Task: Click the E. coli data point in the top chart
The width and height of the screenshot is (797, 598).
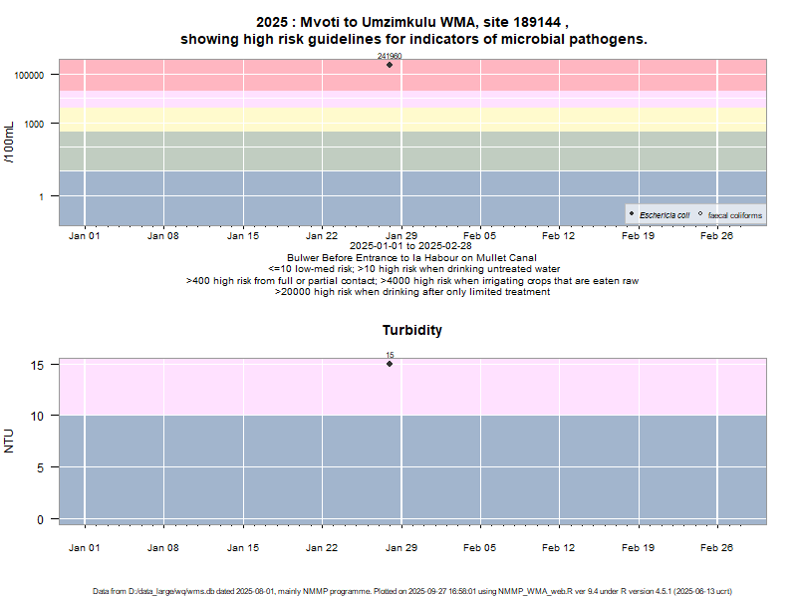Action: click(390, 65)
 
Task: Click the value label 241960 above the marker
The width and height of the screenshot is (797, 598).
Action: click(390, 57)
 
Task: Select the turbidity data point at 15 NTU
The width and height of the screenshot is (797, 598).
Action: click(390, 364)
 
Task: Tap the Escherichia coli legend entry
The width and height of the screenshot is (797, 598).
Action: click(661, 214)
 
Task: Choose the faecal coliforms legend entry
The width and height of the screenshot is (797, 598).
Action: click(729, 214)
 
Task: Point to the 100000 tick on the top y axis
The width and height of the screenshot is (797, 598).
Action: click(31, 76)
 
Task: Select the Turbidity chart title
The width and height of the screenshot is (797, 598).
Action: click(411, 330)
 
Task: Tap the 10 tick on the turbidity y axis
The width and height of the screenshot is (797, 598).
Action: click(37, 416)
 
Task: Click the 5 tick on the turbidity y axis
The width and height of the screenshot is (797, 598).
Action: click(40, 467)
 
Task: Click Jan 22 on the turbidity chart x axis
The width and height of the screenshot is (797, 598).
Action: click(322, 546)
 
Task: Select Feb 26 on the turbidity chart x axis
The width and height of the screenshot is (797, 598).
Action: click(717, 546)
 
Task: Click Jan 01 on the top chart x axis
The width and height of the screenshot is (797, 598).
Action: click(85, 236)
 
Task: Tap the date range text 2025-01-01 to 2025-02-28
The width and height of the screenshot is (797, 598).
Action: click(411, 246)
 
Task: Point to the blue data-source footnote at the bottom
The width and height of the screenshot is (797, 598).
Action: click(398, 591)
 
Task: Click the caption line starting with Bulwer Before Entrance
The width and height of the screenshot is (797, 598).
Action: click(411, 258)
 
